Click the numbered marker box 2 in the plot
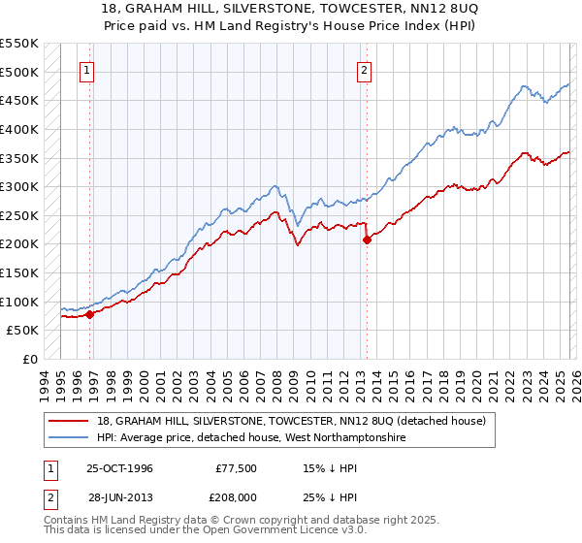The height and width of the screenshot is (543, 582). (365, 70)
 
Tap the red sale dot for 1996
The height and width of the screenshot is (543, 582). (89, 314)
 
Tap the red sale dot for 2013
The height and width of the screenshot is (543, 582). (367, 240)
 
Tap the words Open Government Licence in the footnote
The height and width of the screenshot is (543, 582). (266, 532)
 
